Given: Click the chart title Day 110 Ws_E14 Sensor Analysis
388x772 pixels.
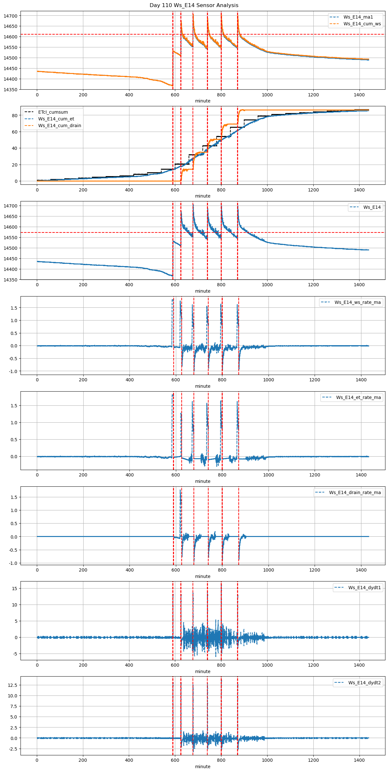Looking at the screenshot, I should [x=194, y=5].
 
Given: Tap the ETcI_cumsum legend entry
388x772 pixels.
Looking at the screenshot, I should [x=53, y=112].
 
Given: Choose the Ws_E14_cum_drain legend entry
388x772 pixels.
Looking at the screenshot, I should [x=60, y=126].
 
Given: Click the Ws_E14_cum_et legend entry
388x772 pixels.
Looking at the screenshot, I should [x=56, y=119].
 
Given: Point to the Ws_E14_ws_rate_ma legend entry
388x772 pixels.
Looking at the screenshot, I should [x=358, y=302].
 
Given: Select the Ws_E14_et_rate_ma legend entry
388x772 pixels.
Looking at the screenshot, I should [x=358, y=397].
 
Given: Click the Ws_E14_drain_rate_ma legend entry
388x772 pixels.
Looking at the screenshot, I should [x=355, y=492].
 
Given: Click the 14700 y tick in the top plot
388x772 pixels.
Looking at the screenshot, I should [x=12, y=16].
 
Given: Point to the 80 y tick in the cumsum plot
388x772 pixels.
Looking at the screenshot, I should [x=14, y=116].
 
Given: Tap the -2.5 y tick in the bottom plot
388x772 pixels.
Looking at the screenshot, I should [x=13, y=749].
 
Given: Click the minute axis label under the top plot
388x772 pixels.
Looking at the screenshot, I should [x=202, y=101].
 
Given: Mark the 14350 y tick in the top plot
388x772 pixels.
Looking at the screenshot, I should [x=12, y=90].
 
